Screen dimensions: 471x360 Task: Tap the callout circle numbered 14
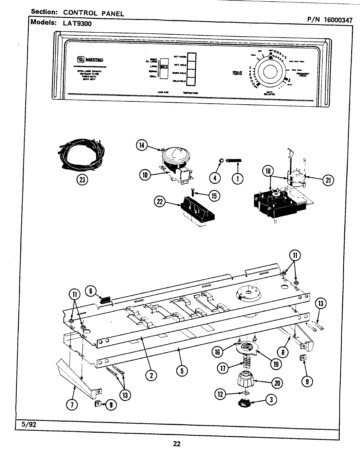coord(142,146)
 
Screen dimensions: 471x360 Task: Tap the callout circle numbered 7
coord(72,405)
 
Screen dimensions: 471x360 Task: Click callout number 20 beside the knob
coord(277,383)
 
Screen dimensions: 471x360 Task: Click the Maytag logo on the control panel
coord(85,60)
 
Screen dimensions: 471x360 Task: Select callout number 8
coord(283,352)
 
